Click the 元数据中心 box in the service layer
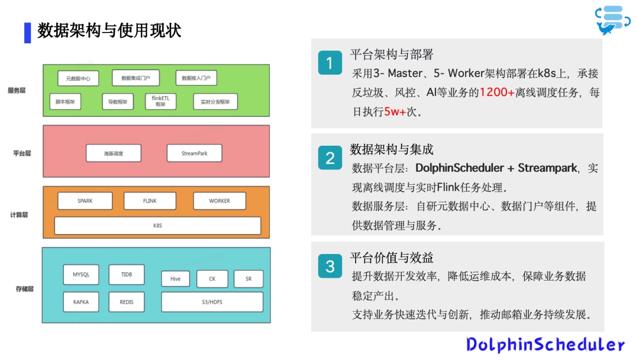coord(78,78)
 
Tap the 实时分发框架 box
coord(215,102)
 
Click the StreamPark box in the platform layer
coord(195,153)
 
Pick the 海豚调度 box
coord(114,153)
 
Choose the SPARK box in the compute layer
coord(85,201)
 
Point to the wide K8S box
coord(157,226)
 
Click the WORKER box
coord(220,201)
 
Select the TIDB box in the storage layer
coord(127,275)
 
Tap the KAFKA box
coord(81,302)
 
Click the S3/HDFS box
coord(212,302)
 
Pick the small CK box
coord(212,279)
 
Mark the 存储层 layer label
coord(24,289)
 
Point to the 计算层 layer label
coord(20,214)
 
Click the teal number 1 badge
coord(330,63)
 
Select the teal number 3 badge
coord(330,266)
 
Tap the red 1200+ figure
coord(497,92)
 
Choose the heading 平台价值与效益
coord(392,258)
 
